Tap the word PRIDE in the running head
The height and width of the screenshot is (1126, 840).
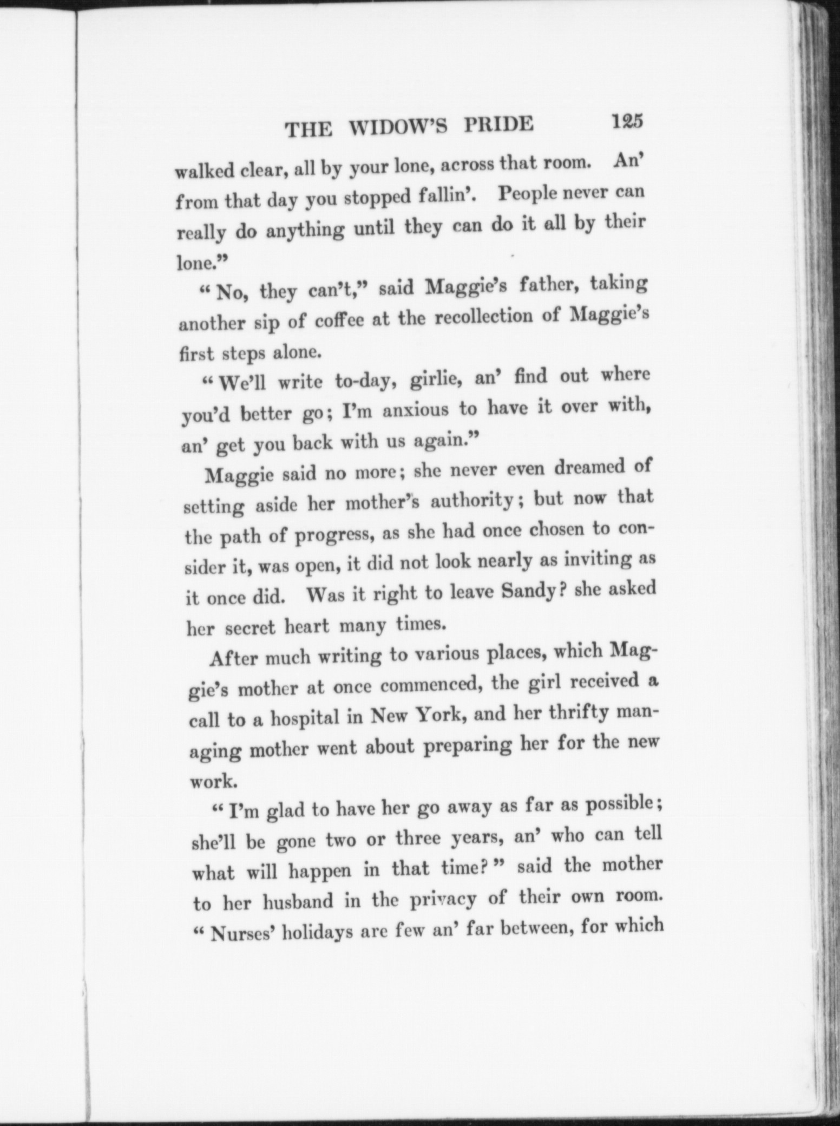pyautogui.click(x=498, y=124)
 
